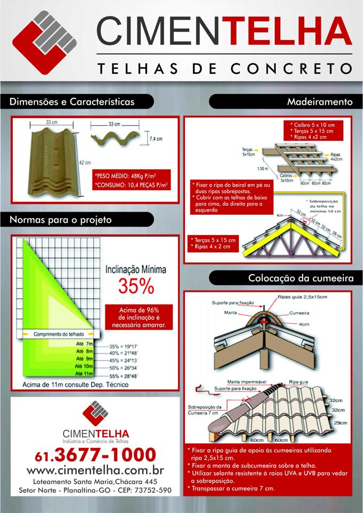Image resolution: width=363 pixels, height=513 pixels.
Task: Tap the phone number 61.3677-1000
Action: click(95, 455)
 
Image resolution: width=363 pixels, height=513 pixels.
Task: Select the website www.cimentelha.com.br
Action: click(95, 470)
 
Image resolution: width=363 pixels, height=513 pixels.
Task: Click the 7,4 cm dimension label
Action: click(155, 138)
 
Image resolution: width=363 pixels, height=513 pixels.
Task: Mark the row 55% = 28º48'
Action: click(132, 376)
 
